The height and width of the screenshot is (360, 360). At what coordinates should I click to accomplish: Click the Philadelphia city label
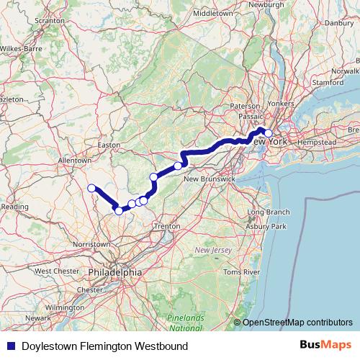coord(114,273)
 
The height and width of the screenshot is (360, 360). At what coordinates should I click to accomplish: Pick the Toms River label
coord(241,272)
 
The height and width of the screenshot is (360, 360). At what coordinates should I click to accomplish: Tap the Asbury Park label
coord(266,227)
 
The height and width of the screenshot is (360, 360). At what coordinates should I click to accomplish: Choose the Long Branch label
coord(268,212)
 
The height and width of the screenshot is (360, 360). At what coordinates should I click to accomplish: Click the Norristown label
coord(91,245)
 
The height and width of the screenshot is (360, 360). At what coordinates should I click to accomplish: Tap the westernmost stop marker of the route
coord(91,189)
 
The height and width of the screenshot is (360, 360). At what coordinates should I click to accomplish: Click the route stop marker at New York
coord(269,133)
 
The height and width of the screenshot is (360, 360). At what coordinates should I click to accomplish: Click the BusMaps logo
coord(326,346)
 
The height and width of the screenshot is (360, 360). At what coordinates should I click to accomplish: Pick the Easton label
coord(109,145)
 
